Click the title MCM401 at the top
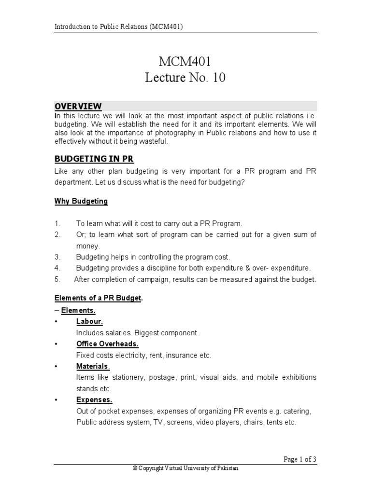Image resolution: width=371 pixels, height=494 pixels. pyautogui.click(x=185, y=61)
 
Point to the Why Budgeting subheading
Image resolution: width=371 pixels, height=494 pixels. pyautogui.click(x=81, y=201)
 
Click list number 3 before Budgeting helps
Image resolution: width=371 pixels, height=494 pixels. pyautogui.click(x=57, y=257)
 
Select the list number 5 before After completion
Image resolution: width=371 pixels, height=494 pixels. pyautogui.click(x=57, y=279)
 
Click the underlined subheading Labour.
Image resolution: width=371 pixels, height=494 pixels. pyautogui.click(x=89, y=321)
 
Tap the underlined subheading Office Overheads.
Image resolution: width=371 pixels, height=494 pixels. pyautogui.click(x=107, y=344)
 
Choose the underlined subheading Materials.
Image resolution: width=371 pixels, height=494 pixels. pyautogui.click(x=93, y=367)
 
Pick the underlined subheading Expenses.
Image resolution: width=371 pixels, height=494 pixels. pyautogui.click(x=94, y=400)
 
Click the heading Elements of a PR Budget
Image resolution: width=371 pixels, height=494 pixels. pyautogui.click(x=99, y=299)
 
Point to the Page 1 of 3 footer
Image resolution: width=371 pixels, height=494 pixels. pyautogui.click(x=300, y=459)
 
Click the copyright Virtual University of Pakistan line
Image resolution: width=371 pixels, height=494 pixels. pyautogui.click(x=185, y=468)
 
